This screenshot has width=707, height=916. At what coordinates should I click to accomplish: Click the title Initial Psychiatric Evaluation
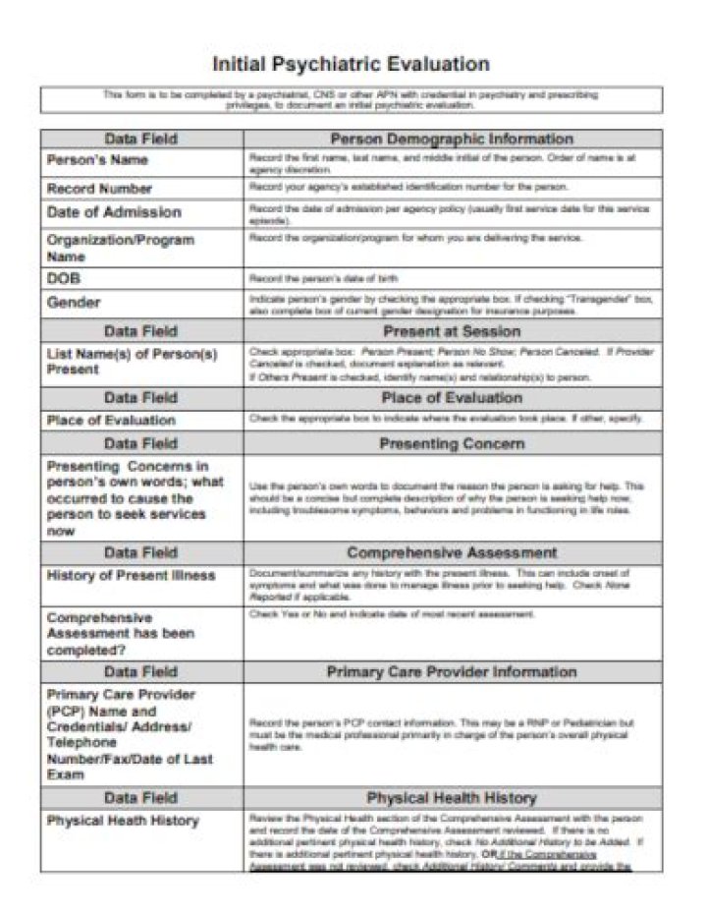[x=352, y=65]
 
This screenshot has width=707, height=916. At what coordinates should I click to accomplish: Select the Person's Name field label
[x=97, y=159]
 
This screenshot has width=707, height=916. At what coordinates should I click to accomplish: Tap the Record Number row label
[x=99, y=188]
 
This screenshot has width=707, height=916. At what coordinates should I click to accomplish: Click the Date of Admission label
[x=114, y=212]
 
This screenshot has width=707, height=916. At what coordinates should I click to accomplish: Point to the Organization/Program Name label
[x=120, y=248]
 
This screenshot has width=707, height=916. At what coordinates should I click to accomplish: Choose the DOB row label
[x=64, y=279]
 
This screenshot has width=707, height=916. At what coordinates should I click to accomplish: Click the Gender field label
[x=74, y=303]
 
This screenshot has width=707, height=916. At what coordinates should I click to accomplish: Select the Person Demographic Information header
[x=452, y=139]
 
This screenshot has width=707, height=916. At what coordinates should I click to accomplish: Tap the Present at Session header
[x=452, y=331]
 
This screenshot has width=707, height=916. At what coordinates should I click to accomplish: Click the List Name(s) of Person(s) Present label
[x=132, y=361]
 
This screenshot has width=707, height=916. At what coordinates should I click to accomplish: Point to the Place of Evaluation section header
[x=452, y=398]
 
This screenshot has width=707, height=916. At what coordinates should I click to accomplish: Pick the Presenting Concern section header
[x=452, y=443]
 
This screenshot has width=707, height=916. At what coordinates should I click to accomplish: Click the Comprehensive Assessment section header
[x=452, y=552]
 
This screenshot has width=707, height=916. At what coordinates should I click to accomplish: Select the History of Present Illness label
[x=131, y=575]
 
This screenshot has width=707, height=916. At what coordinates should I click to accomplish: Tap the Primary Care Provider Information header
[x=452, y=672]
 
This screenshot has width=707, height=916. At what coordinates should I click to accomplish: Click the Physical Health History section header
[x=452, y=797]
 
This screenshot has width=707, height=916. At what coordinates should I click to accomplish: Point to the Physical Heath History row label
[x=123, y=821]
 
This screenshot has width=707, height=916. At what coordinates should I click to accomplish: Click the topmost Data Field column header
[x=141, y=139]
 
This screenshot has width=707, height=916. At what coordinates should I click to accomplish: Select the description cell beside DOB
[x=452, y=279]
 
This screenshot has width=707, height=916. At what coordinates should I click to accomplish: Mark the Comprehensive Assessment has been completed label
[x=120, y=634]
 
